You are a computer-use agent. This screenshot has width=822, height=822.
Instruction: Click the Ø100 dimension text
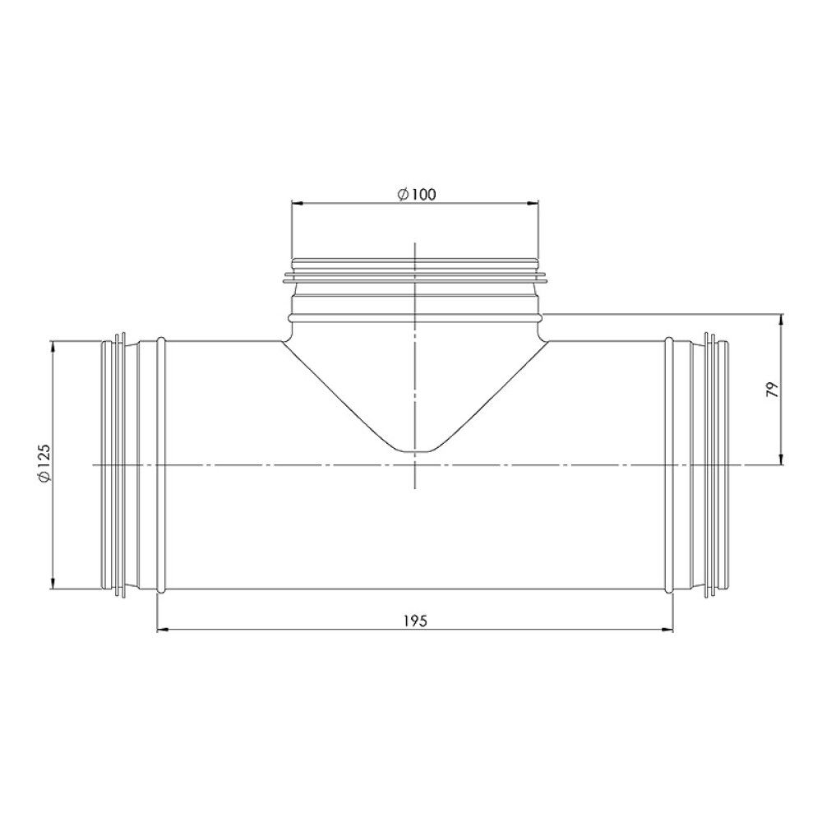click(416, 194)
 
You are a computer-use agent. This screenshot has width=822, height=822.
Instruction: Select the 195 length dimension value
click(416, 621)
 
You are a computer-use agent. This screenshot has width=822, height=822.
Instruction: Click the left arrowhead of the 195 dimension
click(161, 630)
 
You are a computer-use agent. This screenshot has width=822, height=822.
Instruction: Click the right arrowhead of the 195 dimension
click(667, 630)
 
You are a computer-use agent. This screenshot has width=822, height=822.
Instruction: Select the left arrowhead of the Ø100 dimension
click(296, 202)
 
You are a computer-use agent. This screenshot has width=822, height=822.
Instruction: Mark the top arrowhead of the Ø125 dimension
click(53, 344)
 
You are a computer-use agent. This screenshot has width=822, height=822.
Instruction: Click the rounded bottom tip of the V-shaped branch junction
click(416, 450)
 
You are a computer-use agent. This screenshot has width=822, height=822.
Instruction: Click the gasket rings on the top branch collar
click(416, 272)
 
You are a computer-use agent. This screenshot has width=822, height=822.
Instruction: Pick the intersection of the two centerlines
click(416, 465)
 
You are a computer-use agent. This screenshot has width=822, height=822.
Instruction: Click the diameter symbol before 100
click(403, 194)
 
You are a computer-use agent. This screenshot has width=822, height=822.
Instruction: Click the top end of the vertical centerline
click(416, 245)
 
